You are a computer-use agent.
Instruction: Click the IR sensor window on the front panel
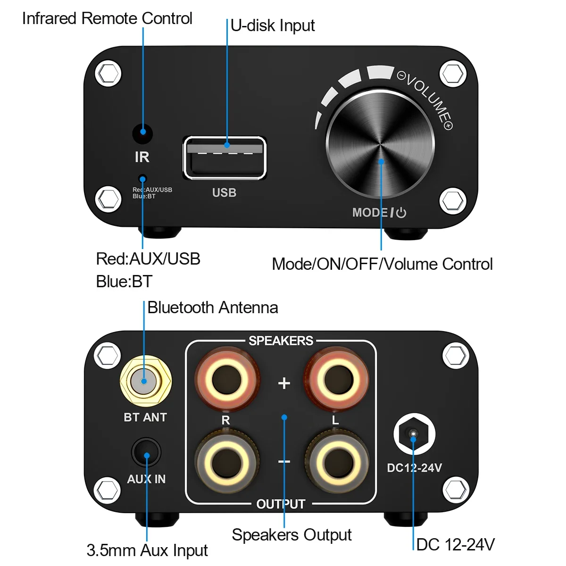142,133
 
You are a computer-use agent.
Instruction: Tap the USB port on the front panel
225,158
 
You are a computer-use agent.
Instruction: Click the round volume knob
380,144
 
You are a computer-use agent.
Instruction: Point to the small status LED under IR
142,178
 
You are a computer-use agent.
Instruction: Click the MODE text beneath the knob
370,213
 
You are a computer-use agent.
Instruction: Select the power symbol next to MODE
401,213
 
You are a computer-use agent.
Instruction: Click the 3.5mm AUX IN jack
146,453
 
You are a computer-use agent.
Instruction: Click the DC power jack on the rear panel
414,434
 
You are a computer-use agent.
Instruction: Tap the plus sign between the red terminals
284,383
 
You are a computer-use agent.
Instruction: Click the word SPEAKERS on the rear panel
281,341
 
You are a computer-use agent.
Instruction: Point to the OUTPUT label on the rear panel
281,504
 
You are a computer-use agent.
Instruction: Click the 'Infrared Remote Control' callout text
107,18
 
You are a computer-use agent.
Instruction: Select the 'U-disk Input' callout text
273,25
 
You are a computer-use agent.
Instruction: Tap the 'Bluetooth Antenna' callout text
213,308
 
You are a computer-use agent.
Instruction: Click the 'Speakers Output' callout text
291,535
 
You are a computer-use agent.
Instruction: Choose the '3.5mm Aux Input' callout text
147,550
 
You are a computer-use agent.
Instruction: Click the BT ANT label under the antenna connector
145,417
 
